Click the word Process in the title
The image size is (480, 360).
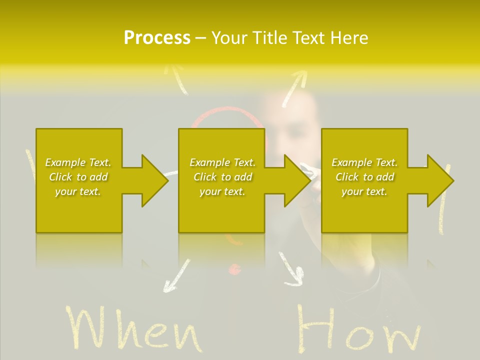click(157, 38)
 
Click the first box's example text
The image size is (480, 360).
click(78, 177)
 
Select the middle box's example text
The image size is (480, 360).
click(222, 177)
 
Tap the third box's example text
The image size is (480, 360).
click(364, 177)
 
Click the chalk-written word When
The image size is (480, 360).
click(133, 330)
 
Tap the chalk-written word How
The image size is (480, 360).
click(358, 330)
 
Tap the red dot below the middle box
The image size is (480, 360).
click(234, 270)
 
